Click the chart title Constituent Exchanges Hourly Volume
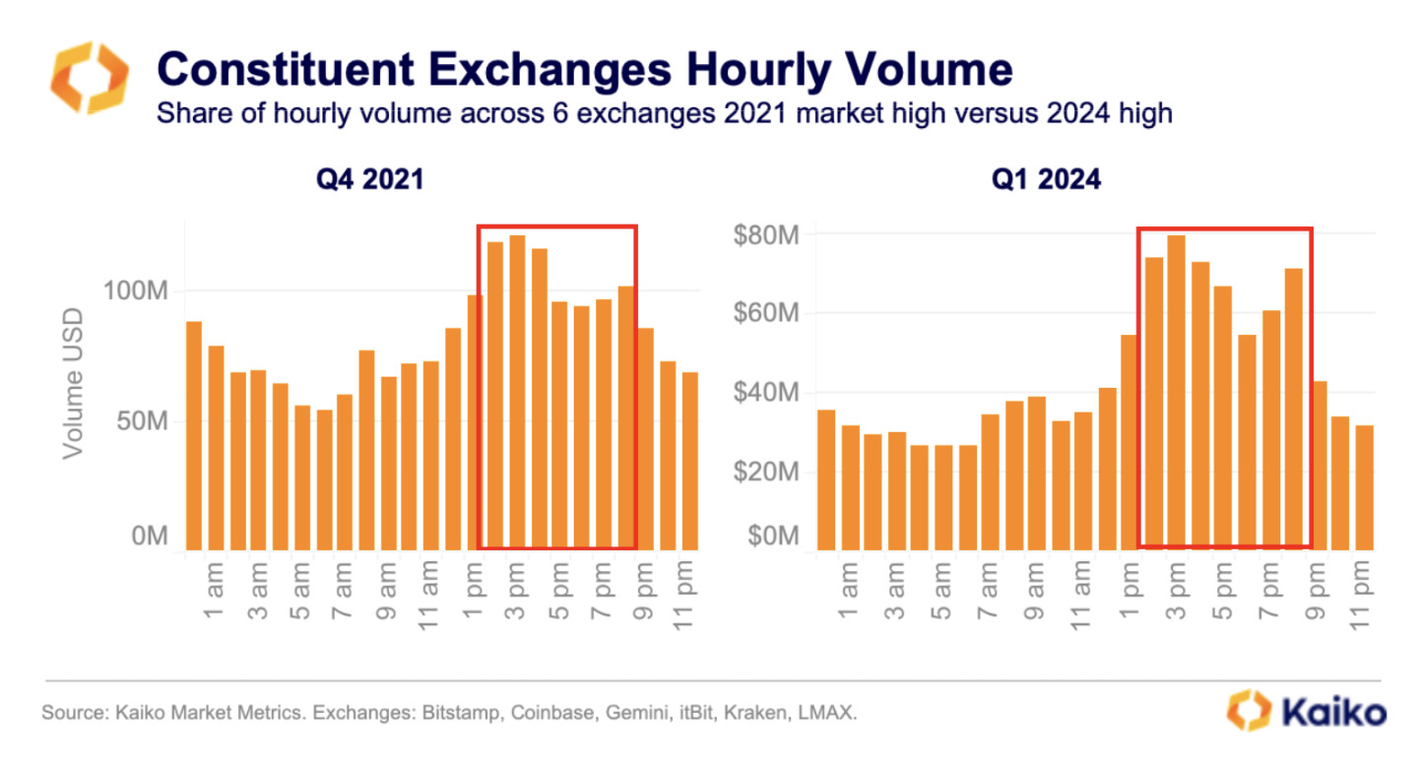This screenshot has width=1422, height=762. tap(584, 70)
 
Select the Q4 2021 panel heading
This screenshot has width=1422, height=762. tap(369, 180)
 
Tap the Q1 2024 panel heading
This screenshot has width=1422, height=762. tap(1045, 180)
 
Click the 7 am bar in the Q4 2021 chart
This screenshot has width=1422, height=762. tap(345, 472)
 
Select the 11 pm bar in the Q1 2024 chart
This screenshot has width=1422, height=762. tap(1364, 487)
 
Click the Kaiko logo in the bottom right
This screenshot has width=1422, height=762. tap(1307, 711)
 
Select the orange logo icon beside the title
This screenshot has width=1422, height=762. tap(90, 78)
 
